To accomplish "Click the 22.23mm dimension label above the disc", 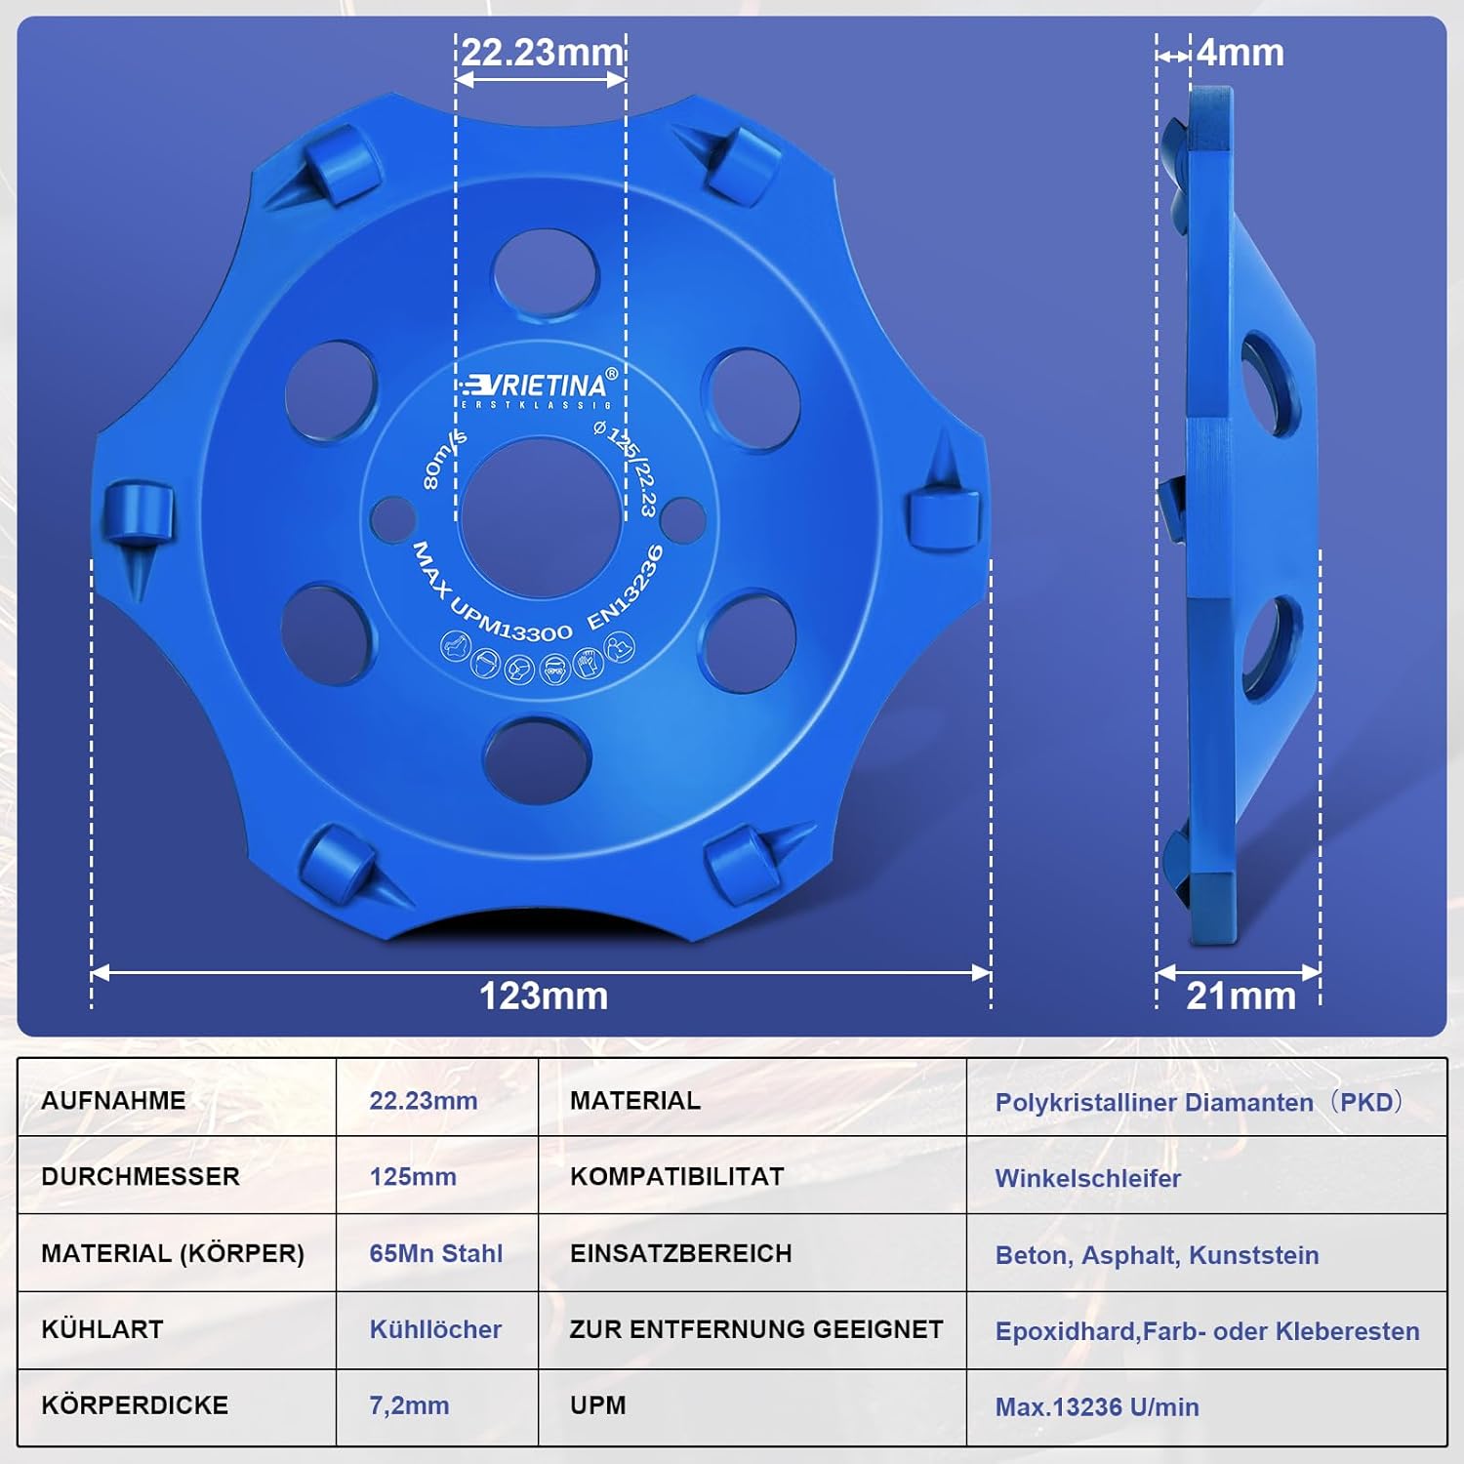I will [542, 52].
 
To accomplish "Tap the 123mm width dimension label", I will [543, 996].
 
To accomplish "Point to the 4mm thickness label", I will [1240, 53].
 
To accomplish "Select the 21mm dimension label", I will [1240, 996].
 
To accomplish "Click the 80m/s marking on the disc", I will [444, 459].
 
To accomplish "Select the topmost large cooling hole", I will [545, 274].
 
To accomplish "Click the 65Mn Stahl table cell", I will [435, 1253].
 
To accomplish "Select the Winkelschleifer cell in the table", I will [1087, 1178].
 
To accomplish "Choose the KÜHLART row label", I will [102, 1329].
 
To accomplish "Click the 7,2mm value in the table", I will [409, 1405].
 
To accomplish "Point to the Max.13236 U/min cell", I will [1096, 1406].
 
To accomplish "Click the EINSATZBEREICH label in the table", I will [680, 1253].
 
